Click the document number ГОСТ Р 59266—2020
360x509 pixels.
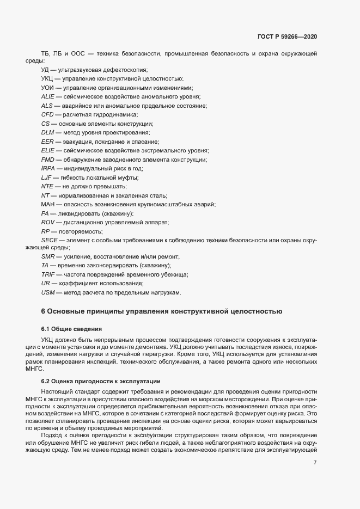point(286,36)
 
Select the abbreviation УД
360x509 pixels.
point(45,70)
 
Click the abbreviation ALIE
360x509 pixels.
point(48,96)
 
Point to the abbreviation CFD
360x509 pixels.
point(47,114)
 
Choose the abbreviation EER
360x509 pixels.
point(47,142)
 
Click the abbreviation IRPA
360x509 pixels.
point(48,168)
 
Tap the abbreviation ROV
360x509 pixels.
point(48,222)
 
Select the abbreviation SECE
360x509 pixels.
point(50,240)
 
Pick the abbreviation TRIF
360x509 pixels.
point(48,275)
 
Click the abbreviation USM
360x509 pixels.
point(48,293)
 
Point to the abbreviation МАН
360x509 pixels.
point(48,204)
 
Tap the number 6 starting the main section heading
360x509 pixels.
point(44,312)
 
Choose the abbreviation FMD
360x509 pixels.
point(47,160)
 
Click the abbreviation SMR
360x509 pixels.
point(48,257)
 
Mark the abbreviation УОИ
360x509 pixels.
point(47,88)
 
